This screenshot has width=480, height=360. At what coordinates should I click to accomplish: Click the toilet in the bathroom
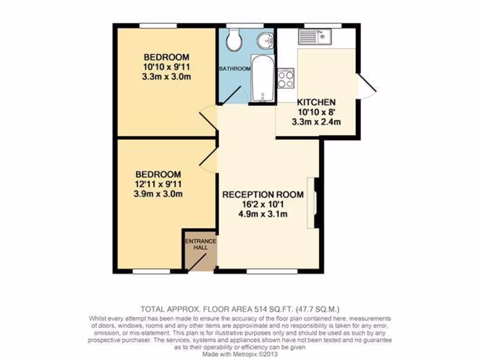[x=233, y=40]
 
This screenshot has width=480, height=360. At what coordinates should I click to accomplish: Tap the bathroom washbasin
[x=266, y=40]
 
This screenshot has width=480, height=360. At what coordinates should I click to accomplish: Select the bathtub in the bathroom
[x=262, y=78]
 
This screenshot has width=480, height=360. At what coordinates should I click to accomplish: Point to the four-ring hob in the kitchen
[x=285, y=78]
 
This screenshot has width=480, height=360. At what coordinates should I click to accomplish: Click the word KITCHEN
[x=316, y=102]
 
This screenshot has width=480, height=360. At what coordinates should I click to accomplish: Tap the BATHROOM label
[x=235, y=69]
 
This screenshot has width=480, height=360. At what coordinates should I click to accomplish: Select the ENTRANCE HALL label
[x=201, y=244]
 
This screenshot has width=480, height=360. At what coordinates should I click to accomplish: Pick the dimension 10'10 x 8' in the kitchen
[x=316, y=112]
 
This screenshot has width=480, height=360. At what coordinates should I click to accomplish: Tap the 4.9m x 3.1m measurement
[x=262, y=215]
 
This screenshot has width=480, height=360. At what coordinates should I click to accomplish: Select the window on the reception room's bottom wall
[x=271, y=271]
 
